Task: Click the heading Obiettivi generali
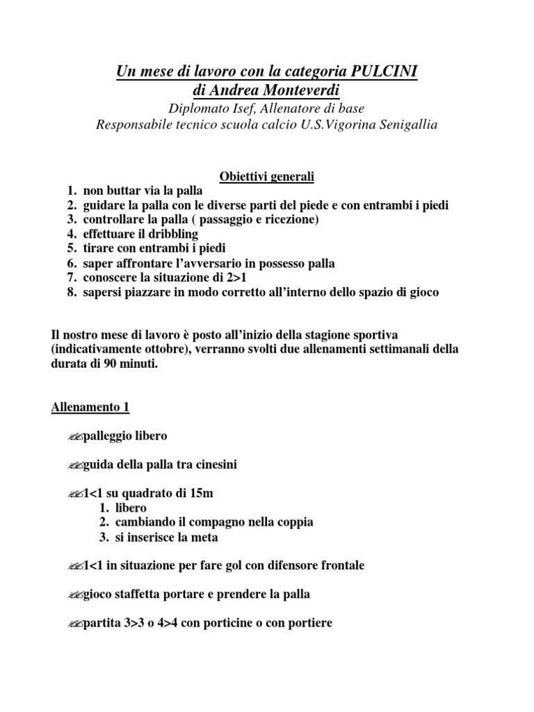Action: (267, 177)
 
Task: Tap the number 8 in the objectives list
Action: (71, 293)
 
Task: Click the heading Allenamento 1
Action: (90, 407)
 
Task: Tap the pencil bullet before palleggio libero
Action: (75, 437)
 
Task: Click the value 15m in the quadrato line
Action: (200, 493)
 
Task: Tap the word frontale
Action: (341, 565)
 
